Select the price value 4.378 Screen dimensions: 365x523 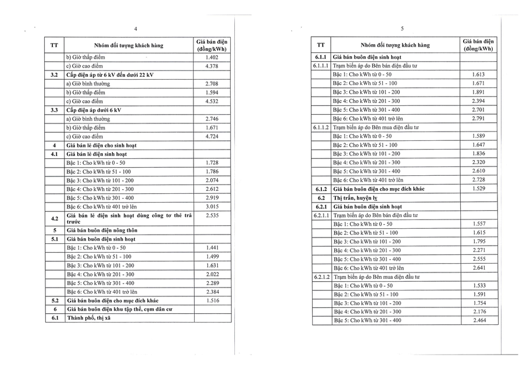212,66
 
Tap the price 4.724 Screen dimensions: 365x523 212,136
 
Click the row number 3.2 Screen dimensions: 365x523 54,75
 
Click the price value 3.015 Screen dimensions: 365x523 212,207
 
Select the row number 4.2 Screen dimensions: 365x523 54,218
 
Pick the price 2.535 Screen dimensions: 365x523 212,215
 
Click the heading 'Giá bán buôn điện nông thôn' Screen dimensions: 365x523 105,231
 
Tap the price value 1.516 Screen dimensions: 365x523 212,300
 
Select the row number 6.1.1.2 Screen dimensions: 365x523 321,127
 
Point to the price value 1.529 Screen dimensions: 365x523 478,189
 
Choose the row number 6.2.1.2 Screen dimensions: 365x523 321,277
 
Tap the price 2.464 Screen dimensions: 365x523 478,320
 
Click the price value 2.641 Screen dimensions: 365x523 478,268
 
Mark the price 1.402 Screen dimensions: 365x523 212,58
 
